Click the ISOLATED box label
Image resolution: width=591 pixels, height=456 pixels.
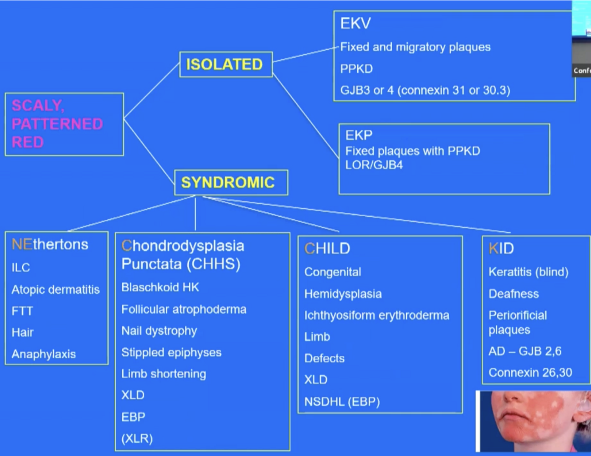(x=224, y=65)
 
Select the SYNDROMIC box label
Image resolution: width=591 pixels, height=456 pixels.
(x=228, y=183)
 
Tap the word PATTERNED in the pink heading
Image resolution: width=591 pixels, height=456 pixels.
(x=57, y=124)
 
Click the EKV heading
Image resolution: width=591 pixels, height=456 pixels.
(x=355, y=23)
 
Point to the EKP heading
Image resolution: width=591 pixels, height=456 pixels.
(x=359, y=135)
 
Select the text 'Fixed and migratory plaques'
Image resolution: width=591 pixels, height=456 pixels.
(x=415, y=47)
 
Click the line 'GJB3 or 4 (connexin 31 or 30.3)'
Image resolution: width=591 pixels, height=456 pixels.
(x=425, y=90)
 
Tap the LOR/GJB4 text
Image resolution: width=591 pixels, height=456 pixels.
(x=374, y=165)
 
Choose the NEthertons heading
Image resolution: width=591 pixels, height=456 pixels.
(x=50, y=244)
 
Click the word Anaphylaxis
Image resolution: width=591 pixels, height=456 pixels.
(x=43, y=354)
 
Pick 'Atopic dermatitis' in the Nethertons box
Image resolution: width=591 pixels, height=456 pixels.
(x=55, y=289)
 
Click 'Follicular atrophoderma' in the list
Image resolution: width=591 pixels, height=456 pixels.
(x=184, y=309)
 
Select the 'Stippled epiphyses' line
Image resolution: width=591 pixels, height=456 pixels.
(x=171, y=352)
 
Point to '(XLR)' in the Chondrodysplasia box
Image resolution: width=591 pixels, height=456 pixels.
(x=137, y=439)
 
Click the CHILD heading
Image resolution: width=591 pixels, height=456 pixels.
(x=327, y=249)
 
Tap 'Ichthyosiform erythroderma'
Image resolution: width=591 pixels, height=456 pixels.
(x=377, y=316)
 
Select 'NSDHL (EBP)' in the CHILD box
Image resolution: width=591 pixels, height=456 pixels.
(x=342, y=402)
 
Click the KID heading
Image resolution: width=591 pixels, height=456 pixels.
(x=501, y=249)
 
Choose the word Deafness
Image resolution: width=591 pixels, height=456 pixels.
(x=513, y=294)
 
